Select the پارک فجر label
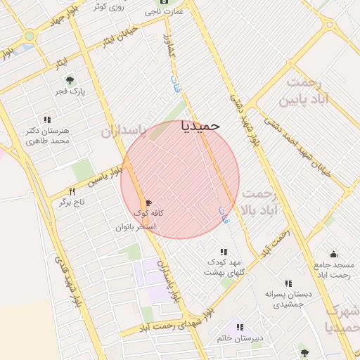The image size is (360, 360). pyautogui.click(x=70, y=91)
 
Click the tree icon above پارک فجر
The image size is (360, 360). pyautogui.click(x=70, y=79)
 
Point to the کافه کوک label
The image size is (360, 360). pyautogui.click(x=148, y=212)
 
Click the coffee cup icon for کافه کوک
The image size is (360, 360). pyautogui.click(x=148, y=202)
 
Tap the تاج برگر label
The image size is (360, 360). pyautogui.click(x=71, y=202)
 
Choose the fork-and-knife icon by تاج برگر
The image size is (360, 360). pyautogui.click(x=71, y=191)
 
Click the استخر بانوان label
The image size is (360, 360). pyautogui.click(x=136, y=227)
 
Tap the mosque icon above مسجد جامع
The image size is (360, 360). pyautogui.click(x=333, y=254)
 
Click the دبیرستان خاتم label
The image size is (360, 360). pyautogui.click(x=240, y=338)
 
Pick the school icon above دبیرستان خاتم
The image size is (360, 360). pyautogui.click(x=240, y=327)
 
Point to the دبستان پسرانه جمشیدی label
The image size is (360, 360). pyautogui.click(x=287, y=299)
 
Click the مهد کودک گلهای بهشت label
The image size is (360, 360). pyautogui.click(x=224, y=266)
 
